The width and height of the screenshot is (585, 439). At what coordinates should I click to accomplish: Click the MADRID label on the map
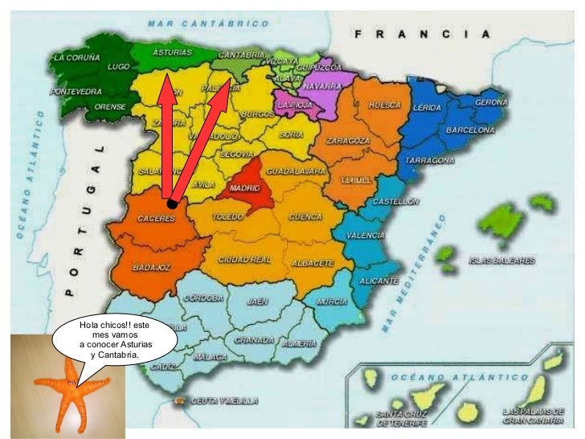244,188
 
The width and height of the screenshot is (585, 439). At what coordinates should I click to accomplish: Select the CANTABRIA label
242,55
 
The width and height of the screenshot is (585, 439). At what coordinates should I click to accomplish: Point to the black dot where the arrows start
172,204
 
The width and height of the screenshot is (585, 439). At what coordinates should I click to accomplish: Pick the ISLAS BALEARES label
503,261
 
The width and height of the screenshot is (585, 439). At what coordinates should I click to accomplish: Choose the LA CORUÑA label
77,59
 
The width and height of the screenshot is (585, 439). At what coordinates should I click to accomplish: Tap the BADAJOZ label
150,267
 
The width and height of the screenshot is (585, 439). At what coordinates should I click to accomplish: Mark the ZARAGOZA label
347,141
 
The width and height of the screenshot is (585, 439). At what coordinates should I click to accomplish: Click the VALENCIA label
365,236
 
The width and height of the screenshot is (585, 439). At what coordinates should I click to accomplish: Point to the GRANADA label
255,339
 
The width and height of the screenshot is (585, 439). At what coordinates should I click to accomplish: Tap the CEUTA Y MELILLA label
218,400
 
